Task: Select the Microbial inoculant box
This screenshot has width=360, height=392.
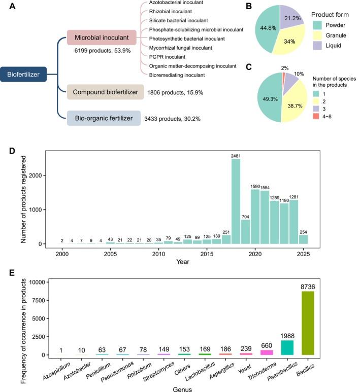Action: [x=101, y=37]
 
